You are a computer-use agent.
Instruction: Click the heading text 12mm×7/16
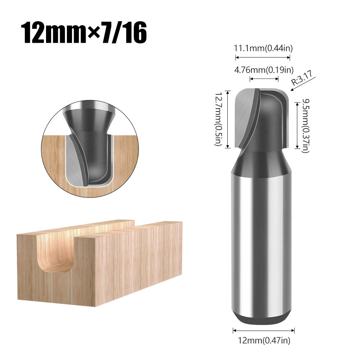tap(84, 33)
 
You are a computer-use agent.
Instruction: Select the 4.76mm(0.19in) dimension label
tap(264, 70)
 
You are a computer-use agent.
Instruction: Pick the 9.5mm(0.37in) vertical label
tap(305, 126)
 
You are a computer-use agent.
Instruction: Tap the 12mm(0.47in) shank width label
tap(264, 340)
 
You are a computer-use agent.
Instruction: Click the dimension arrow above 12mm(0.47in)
tap(264, 330)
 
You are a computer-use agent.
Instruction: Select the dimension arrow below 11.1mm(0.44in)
tap(263, 57)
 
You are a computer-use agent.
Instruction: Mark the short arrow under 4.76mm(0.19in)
tap(264, 78)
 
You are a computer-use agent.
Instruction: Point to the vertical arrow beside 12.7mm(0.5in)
tap(228, 119)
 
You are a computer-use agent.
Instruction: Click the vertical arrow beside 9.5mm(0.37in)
tap(297, 126)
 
